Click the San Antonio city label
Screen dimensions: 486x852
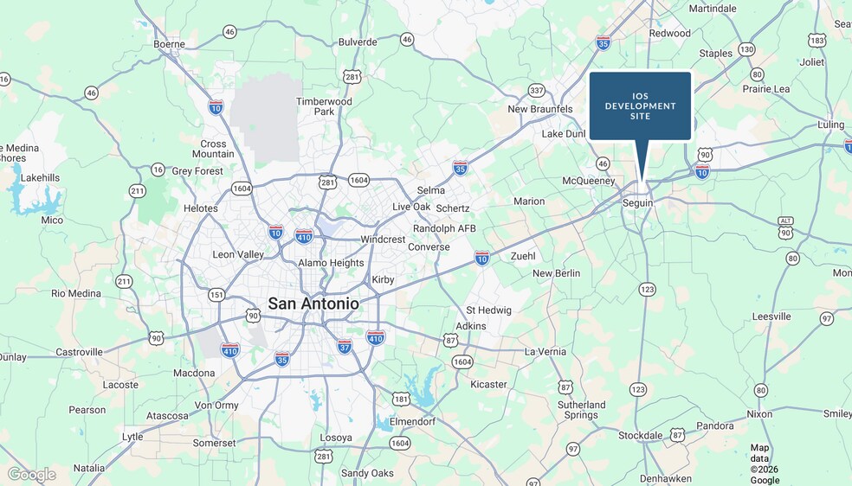313,304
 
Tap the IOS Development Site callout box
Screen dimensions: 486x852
640,106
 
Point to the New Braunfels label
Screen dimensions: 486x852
540,109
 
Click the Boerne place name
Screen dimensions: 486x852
169,44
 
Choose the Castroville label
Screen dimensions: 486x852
79,352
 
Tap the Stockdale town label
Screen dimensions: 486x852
640,435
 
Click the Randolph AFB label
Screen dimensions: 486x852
444,228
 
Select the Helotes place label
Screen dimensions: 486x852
201,208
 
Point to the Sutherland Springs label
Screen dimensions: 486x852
582,410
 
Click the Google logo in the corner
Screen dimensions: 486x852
31,474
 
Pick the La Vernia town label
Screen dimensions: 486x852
545,352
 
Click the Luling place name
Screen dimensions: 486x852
830,125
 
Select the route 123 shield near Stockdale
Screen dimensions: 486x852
638,390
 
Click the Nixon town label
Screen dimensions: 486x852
759,414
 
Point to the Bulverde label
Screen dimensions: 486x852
358,42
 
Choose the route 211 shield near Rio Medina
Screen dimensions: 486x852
125,281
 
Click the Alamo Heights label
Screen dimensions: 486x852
331,263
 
